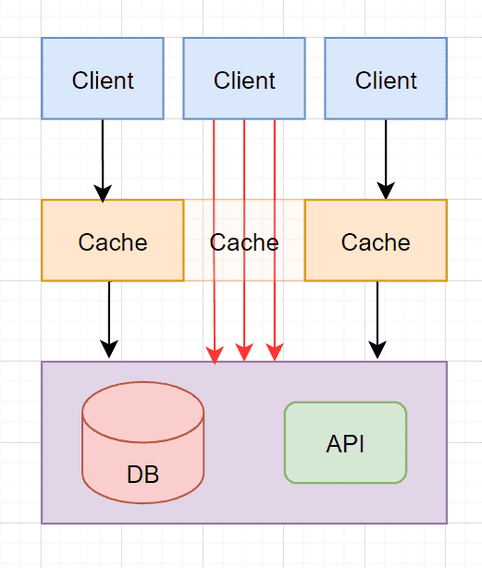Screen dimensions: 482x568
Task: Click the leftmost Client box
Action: pos(103,79)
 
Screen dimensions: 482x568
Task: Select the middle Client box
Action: pos(244,79)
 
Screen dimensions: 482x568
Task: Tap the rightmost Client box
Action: pos(386,79)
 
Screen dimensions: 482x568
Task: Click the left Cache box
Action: pos(113,241)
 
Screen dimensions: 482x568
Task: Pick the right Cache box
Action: pos(376,241)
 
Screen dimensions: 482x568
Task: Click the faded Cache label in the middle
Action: pos(244,242)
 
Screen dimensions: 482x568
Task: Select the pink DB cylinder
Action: pos(143,442)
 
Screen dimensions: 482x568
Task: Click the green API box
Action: pos(345,443)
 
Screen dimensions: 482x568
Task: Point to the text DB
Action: pos(143,475)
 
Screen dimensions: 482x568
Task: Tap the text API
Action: pos(345,444)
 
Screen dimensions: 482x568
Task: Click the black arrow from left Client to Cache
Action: pos(103,161)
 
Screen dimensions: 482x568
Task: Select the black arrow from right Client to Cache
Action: pos(386,159)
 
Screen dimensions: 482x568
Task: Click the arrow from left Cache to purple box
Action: pos(109,320)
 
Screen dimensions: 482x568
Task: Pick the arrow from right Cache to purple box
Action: pos(377,320)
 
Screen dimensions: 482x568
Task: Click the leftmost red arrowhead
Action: pos(215,354)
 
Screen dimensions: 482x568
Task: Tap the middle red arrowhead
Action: pos(244,352)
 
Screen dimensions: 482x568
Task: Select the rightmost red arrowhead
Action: pos(275,352)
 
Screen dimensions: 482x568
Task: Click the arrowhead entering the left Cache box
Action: pos(103,193)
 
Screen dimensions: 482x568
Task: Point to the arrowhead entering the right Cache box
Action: pos(386,191)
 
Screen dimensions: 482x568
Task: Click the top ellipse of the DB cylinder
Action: pos(143,412)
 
